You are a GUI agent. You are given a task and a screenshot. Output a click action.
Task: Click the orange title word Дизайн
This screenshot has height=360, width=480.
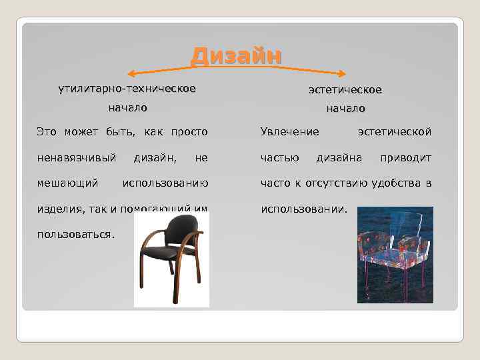pyautogui.click(x=236, y=56)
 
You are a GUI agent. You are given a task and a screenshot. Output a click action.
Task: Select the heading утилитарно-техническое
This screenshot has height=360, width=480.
pyautogui.click(x=127, y=89)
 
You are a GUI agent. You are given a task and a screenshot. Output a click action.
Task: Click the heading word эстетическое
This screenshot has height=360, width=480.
pyautogui.click(x=345, y=89)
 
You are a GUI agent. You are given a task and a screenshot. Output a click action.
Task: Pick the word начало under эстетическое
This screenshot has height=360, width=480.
pyautogui.click(x=345, y=108)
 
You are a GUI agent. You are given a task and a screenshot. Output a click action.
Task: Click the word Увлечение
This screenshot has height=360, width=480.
pyautogui.click(x=289, y=132)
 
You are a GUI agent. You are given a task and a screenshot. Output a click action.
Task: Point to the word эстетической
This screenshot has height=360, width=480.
pyautogui.click(x=394, y=132)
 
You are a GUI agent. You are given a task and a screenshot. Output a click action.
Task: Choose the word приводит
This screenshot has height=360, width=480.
pyautogui.click(x=405, y=157)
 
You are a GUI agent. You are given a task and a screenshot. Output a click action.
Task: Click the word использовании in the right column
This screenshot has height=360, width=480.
pyautogui.click(x=303, y=209)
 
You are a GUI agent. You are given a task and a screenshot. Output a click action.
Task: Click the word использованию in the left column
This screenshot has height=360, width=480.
pyautogui.click(x=165, y=183)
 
